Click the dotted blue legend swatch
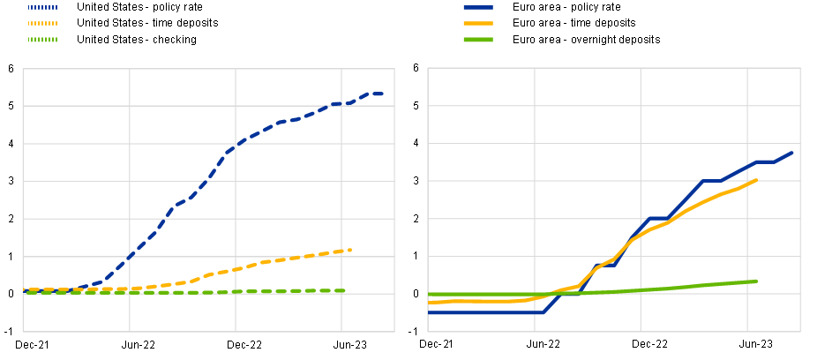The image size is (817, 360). [x=42, y=7]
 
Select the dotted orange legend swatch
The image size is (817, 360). [x=42, y=23]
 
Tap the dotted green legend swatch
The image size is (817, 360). [x=42, y=40]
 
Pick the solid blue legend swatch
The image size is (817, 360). [x=478, y=7]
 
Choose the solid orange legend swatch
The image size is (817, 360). [x=478, y=23]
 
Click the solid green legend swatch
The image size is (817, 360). [x=478, y=40]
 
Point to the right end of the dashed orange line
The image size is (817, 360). [x=352, y=250]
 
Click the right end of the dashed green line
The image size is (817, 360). [x=345, y=290]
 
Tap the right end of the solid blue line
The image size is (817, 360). [x=793, y=152]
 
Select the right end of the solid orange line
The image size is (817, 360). [x=758, y=180]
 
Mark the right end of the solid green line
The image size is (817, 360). [x=758, y=281]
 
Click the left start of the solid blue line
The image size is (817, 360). [x=430, y=312]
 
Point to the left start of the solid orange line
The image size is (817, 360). [x=430, y=302]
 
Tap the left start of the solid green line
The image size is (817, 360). [x=430, y=295]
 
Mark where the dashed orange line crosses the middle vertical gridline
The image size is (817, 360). [x=236, y=268]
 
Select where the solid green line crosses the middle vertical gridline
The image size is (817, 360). [x=641, y=290]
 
